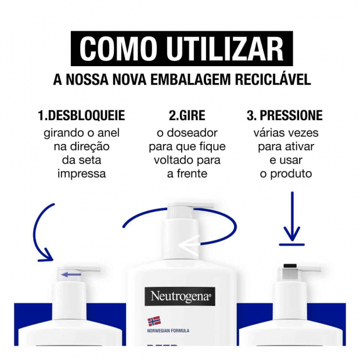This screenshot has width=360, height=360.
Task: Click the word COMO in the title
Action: [117, 49]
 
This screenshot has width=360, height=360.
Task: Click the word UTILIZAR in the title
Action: [225, 49]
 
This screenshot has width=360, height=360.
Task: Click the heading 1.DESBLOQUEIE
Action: [81, 115]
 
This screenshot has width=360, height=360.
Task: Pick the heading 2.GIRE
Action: [187, 115]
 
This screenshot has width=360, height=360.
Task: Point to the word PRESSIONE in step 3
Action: [291, 115]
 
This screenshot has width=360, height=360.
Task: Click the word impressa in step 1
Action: [81, 174]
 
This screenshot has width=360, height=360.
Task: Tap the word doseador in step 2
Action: [192, 133]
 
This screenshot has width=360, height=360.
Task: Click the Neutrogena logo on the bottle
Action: [180, 296]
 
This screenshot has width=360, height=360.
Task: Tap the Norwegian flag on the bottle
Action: [154, 321]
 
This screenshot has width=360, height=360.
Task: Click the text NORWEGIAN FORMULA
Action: [168, 331]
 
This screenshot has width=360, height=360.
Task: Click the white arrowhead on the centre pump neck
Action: [189, 245]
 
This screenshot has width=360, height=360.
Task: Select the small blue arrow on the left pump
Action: [71, 275]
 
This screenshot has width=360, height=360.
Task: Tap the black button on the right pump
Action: [290, 266]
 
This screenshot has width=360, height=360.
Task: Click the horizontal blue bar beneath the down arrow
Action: [292, 245]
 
